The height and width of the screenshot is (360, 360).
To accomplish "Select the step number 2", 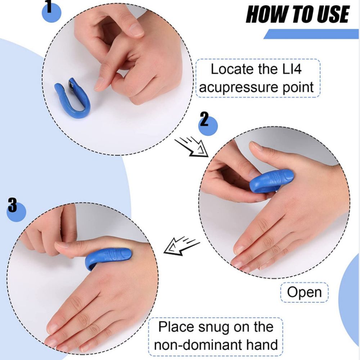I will coord(204,120).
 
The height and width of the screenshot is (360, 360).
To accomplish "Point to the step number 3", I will coord(12,206).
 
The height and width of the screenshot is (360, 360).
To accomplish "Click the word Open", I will coord(304,292).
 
